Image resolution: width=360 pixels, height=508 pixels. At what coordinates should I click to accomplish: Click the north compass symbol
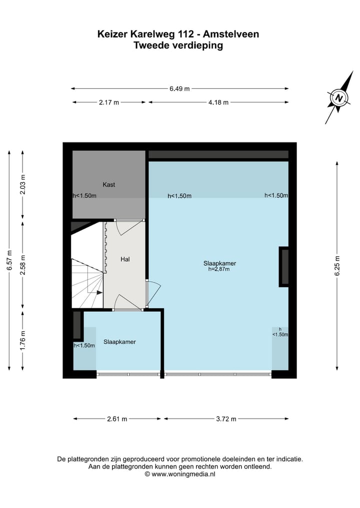click(x=339, y=98)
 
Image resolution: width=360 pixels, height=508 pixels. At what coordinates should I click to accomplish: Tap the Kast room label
click(x=108, y=185)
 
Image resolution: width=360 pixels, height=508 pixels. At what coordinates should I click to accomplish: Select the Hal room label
click(x=125, y=259)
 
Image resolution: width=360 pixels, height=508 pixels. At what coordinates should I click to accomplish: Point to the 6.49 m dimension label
click(x=179, y=89)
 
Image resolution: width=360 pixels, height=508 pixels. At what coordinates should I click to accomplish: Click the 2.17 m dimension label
click(x=109, y=102)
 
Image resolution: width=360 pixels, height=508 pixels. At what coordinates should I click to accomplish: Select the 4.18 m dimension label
click(x=218, y=102)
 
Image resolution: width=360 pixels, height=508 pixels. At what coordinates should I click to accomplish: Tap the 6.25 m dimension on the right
click(x=337, y=265)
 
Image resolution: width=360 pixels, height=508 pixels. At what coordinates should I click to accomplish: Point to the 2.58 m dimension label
click(x=22, y=264)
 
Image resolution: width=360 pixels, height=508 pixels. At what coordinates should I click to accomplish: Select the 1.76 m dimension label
click(x=22, y=340)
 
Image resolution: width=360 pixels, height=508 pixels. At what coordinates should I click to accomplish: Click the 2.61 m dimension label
click(x=117, y=419)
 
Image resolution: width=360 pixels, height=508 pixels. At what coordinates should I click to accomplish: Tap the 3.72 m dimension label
click(x=226, y=419)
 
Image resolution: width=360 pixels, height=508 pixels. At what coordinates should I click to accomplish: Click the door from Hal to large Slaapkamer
click(x=152, y=293)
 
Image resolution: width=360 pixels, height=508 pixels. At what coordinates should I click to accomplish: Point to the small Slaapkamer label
click(x=119, y=342)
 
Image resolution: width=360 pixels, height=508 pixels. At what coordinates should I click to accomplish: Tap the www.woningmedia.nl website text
click(x=183, y=474)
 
